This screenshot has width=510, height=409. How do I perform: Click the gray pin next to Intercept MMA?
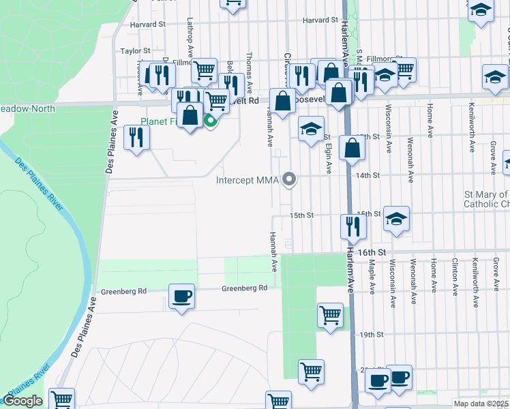click(x=290, y=180)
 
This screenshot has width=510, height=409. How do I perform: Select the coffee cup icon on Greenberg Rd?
click(x=181, y=297)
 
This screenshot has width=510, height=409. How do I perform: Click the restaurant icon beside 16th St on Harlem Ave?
click(x=352, y=226)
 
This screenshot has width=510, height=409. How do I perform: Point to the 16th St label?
click(x=373, y=252)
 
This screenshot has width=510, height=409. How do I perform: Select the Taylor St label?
click(x=135, y=51)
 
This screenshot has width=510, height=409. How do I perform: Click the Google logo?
click(x=22, y=401)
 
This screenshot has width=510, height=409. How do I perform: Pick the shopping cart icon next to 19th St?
click(x=330, y=316)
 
